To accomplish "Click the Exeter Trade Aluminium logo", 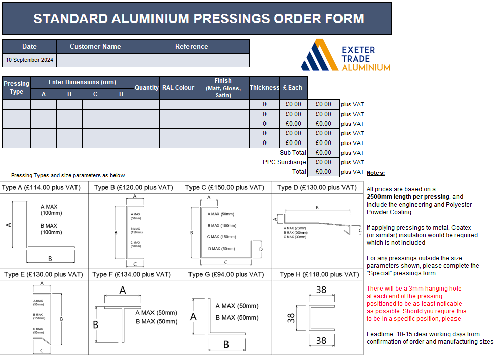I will [x=346, y=55].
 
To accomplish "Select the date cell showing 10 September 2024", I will [x=29, y=60].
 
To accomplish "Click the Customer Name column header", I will [x=95, y=46].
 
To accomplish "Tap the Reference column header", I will [x=192, y=46].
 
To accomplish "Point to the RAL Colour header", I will [x=178, y=88].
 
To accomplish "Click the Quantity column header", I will [x=146, y=88].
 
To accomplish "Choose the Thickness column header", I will [x=264, y=88].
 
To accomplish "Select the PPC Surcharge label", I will [x=284, y=162].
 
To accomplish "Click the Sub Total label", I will [x=293, y=153].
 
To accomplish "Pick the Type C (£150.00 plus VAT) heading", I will [x=225, y=187].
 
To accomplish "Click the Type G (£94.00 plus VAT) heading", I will [x=226, y=274].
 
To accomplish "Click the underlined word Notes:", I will [x=375, y=173].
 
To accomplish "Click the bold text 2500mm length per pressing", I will [x=407, y=196].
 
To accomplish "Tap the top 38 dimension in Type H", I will [x=321, y=291].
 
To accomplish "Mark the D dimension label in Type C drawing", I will [x=261, y=249].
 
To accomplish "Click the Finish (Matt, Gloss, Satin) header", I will [x=223, y=88].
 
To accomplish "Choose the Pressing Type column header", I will [x=16, y=88].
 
